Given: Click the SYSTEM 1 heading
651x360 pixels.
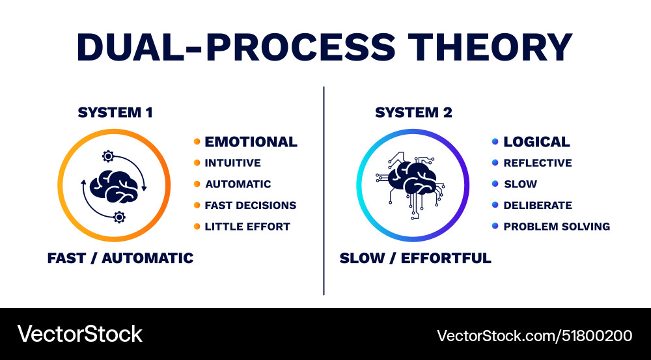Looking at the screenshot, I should (x=115, y=113).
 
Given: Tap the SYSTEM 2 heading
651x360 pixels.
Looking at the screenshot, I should (x=413, y=113).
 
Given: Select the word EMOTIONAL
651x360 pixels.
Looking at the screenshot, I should (x=251, y=142).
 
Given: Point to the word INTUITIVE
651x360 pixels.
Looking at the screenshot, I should (x=232, y=163).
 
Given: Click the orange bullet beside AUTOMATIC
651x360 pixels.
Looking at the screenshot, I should (x=197, y=184).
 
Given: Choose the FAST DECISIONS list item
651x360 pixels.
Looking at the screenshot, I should (x=250, y=206).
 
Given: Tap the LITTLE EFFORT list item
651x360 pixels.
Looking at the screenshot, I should (x=247, y=227).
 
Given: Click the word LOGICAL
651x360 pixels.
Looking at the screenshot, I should (x=536, y=142).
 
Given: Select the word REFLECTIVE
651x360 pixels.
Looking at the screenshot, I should (x=537, y=163).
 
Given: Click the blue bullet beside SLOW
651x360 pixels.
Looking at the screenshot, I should (x=495, y=184).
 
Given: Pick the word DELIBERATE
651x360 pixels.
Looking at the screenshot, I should (x=537, y=206).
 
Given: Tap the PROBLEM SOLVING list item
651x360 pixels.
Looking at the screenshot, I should (x=556, y=227).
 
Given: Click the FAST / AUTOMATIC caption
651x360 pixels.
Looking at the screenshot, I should (x=120, y=258).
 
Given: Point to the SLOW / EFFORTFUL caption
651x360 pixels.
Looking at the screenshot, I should (x=415, y=258).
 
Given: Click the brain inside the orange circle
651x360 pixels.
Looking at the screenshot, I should (x=115, y=186).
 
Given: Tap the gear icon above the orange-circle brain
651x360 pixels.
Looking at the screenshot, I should (x=108, y=156).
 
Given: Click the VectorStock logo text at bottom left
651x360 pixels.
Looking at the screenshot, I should (x=79, y=334).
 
